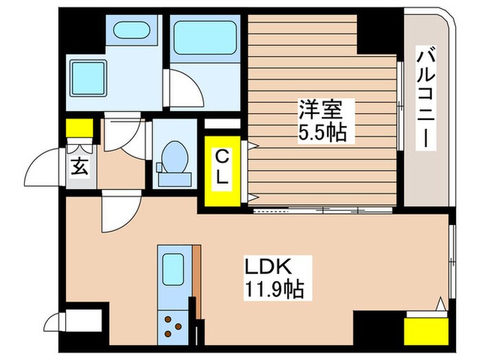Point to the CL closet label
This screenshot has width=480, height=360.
[222, 168]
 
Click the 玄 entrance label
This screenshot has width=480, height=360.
[80, 167]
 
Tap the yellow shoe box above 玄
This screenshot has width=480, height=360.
[79, 128]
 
